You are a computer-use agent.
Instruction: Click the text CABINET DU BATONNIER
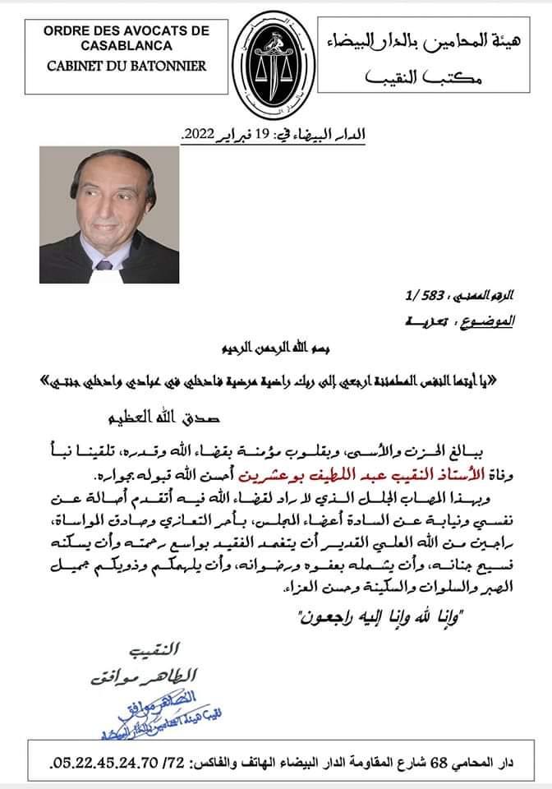(x=113, y=65)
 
